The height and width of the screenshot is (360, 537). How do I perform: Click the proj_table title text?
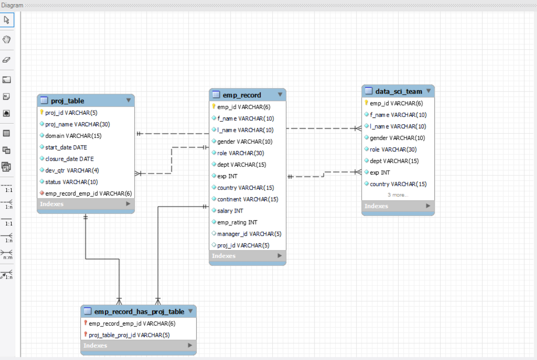pos(68,101)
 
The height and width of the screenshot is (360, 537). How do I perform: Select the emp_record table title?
pos(242,95)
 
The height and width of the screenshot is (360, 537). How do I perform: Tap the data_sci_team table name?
pos(399,91)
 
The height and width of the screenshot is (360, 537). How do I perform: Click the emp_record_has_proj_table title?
pos(139,312)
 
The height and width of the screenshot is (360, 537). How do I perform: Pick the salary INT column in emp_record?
pos(230,211)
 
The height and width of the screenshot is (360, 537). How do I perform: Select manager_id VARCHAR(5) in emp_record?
pos(249,234)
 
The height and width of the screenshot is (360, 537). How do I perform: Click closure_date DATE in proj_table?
pos(69,159)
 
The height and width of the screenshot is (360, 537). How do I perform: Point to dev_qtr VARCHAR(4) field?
pos(72,170)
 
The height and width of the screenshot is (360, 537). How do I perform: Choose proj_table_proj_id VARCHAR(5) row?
pos(129,335)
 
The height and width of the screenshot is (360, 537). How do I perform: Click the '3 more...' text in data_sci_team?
pos(398,195)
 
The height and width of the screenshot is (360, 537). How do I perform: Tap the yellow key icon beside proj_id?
pos(42,112)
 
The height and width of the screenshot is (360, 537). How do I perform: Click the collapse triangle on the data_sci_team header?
pos(428,91)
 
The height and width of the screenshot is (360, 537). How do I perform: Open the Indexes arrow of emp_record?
pos(280,256)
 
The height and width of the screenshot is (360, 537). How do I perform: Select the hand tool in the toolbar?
pos(7,39)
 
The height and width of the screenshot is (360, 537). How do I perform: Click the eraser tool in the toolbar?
pos(7,60)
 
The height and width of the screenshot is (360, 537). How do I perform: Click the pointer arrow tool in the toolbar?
pos(7,20)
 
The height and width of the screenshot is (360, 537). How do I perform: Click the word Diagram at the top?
pos(12,5)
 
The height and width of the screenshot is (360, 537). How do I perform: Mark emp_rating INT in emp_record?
pos(237,222)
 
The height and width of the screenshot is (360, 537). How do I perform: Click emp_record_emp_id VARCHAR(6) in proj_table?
pos(89,193)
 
